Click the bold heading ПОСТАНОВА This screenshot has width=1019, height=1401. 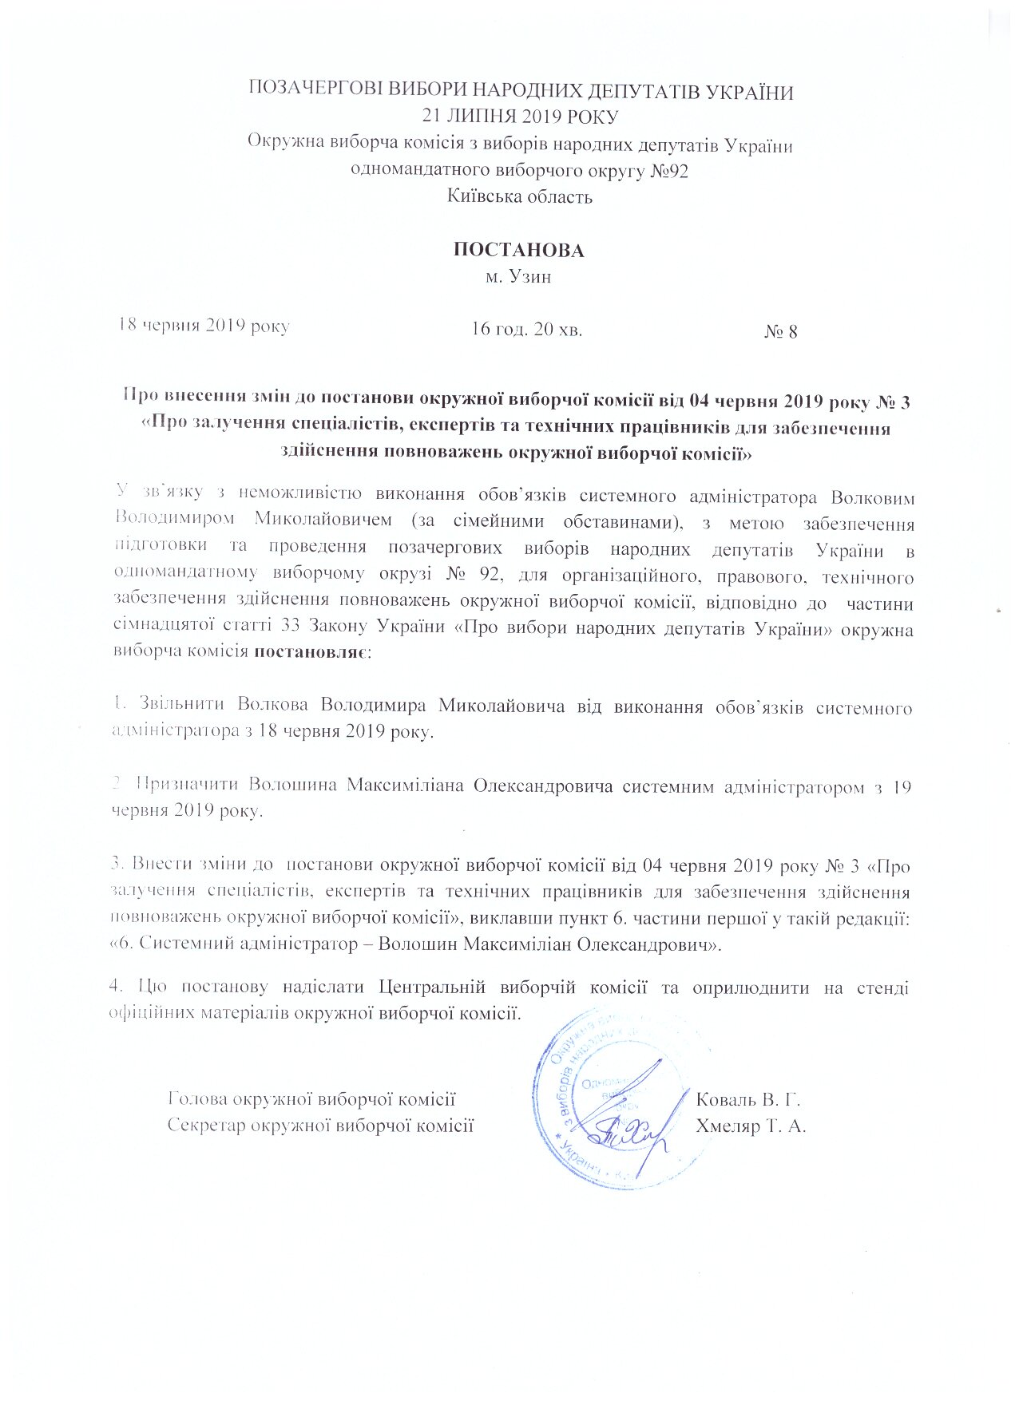point(519,250)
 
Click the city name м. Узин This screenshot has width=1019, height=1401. point(519,277)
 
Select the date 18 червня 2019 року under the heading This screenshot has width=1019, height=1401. point(204,326)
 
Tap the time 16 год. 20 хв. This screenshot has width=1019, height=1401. point(526,329)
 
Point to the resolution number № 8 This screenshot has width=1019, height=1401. point(780,331)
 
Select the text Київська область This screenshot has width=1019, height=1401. point(520,196)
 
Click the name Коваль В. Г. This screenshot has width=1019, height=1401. point(748,1099)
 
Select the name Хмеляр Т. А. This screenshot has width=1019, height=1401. point(751,1126)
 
